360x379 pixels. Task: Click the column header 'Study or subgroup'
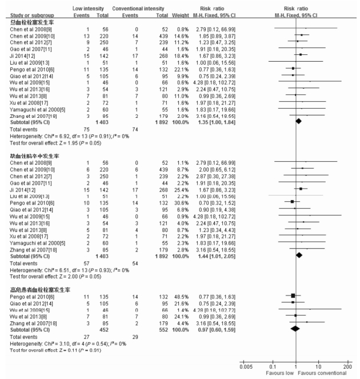click(22, 14)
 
